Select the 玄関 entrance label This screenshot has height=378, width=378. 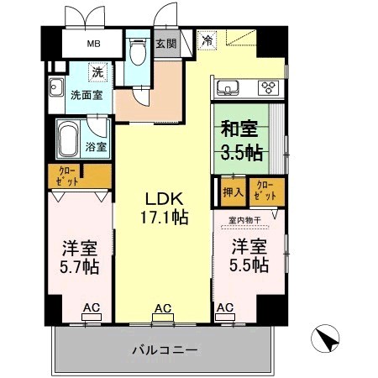coord(165,45)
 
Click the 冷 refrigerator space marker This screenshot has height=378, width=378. coord(207,39)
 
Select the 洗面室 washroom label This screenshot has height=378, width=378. coord(87,95)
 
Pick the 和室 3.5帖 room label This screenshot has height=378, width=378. coord(241,141)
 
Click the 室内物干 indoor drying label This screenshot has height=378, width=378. coord(244,222)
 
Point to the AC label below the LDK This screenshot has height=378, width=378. coord(164,309)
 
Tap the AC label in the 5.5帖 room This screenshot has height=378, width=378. coord(224,309)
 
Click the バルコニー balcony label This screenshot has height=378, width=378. coord(165,349)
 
